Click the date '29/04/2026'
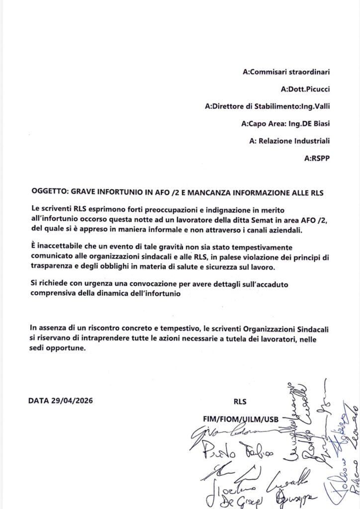click(x=72, y=401)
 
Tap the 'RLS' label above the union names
click(x=240, y=401)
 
